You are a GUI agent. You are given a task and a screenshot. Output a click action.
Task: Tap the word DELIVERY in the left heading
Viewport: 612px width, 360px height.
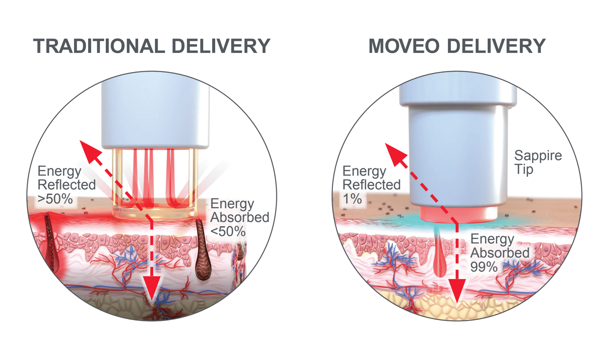[221, 46]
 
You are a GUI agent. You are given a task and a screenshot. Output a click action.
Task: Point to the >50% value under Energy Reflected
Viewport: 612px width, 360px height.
[55, 199]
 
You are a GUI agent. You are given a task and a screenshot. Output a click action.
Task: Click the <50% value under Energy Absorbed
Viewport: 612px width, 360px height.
[228, 231]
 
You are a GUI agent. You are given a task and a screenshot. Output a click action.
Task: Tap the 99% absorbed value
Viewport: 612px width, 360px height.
[484, 267]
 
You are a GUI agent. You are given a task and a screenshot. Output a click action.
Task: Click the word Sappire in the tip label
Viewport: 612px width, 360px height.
[538, 155]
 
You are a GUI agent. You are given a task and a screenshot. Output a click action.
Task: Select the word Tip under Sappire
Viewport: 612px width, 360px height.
[523, 169]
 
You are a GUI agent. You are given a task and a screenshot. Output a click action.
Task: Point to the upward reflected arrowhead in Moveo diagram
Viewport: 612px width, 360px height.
[395, 153]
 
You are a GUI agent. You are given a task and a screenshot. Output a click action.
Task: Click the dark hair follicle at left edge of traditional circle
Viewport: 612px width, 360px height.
[50, 240]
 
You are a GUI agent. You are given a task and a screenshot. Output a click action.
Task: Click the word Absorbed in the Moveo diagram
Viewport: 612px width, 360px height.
[499, 253]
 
